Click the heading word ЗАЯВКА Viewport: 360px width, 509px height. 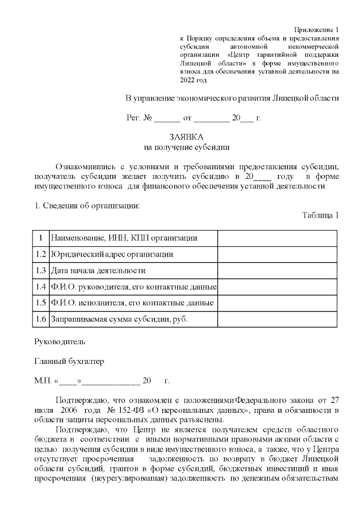coord(186,137)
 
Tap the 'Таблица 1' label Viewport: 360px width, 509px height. coord(321,215)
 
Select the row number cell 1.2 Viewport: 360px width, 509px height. coord(40,254)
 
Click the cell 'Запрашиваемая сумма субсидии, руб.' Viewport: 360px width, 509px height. coord(119,319)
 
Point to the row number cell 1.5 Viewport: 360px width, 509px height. coord(40,303)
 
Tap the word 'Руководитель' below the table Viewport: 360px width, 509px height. coord(60,341)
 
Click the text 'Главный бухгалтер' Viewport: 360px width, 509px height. coord(69,361)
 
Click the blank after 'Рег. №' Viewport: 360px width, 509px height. coord(167,118)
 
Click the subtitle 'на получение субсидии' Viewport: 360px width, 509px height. coord(187,147)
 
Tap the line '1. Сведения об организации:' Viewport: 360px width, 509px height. coord(87,205)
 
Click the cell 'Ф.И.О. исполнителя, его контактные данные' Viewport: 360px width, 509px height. coord(132,303)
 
